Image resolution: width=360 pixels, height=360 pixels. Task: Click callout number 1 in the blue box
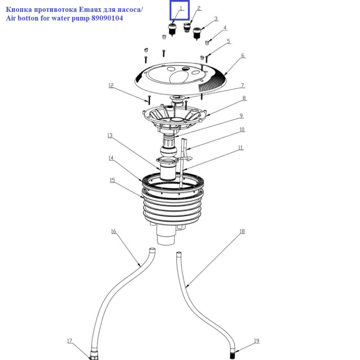pos(181,8)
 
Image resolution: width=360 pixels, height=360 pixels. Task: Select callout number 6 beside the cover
pos(243,56)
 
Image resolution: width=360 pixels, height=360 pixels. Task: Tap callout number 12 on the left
pos(111,85)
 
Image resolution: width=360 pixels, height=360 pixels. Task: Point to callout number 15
pos(112,180)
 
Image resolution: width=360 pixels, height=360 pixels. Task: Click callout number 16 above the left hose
pos(114,231)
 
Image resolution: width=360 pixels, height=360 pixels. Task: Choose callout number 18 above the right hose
pos(242,231)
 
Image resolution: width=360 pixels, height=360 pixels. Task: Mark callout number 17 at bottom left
pos(70,341)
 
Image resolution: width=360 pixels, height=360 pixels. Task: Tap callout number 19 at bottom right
pos(257,341)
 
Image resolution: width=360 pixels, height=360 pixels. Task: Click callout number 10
pos(242,130)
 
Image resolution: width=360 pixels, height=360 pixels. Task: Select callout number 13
pos(110,136)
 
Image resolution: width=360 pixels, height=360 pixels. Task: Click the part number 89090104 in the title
pos(107,18)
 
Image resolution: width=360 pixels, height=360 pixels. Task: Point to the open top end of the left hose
pos(152,249)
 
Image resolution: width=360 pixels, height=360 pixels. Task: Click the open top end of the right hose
pos(178,253)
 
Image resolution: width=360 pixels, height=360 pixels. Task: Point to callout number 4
pos(225,28)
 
